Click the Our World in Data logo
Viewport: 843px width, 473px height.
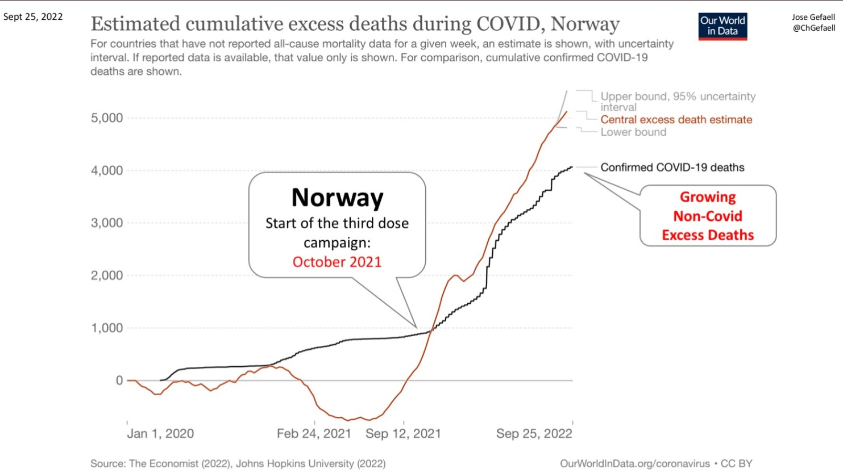click(722, 26)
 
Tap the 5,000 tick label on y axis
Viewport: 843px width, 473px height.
click(107, 118)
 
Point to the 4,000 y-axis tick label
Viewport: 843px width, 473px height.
click(107, 170)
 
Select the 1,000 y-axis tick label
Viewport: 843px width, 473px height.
click(107, 328)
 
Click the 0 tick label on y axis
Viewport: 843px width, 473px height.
click(119, 380)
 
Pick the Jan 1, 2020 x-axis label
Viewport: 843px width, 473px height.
click(160, 434)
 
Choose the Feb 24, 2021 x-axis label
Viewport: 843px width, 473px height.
click(314, 434)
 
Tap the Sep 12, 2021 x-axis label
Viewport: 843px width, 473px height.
click(403, 434)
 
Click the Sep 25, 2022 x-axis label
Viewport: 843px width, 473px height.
click(534, 434)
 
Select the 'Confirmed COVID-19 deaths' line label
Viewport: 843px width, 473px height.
click(672, 168)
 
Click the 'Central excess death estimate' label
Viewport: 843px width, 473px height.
click(676, 120)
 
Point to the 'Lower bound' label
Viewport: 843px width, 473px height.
click(633, 132)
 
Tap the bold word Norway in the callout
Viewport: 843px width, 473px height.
click(337, 198)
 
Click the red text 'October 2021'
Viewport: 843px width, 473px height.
click(337, 262)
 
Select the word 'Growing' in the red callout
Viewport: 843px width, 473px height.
click(708, 197)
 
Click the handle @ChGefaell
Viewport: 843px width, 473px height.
click(813, 28)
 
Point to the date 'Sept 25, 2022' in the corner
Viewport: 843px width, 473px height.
click(33, 16)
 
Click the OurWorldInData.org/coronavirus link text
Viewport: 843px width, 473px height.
click(634, 464)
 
